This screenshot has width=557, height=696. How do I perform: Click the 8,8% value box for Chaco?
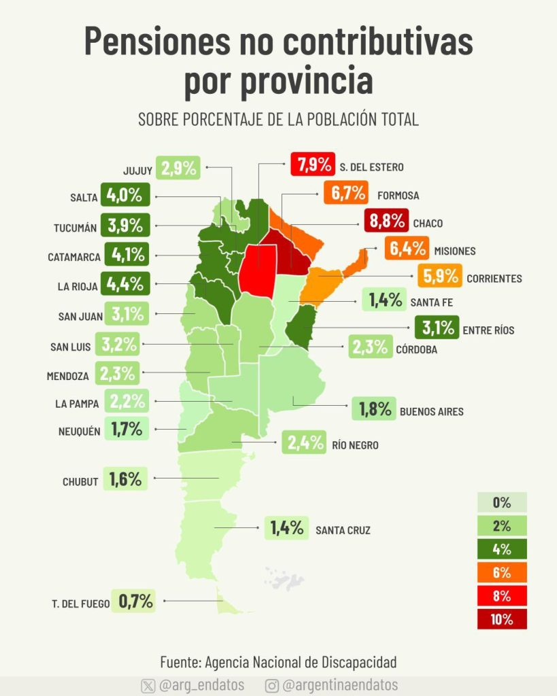[x=385, y=221]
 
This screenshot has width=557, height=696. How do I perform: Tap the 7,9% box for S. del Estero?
[x=313, y=165]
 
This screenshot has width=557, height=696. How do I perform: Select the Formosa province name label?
[x=397, y=196]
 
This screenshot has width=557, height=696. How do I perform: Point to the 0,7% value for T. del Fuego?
[x=135, y=601]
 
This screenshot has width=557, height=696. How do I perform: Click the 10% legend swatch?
[x=502, y=619]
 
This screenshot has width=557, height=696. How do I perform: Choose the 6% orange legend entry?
[x=502, y=572]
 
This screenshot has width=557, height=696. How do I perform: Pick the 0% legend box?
[x=502, y=503]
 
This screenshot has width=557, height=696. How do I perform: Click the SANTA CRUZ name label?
[x=343, y=530]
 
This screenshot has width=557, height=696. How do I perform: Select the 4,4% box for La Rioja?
[x=124, y=284]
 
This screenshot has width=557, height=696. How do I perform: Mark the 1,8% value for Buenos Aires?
[x=374, y=409]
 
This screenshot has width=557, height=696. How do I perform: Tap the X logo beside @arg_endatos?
[x=148, y=685]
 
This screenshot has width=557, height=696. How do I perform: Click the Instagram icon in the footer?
[x=272, y=685]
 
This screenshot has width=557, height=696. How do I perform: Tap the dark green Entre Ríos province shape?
[x=300, y=324]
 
